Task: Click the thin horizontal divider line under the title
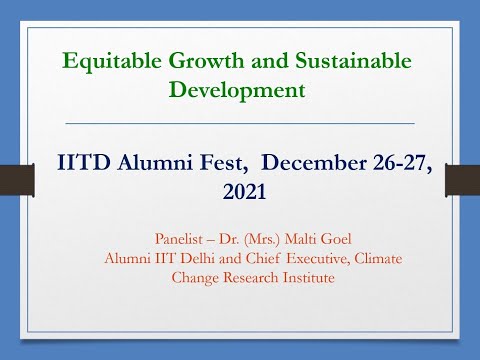point(240,123)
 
